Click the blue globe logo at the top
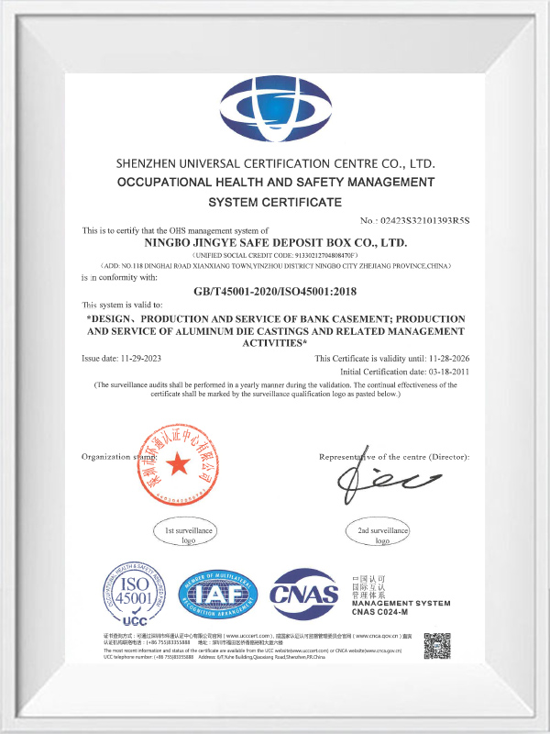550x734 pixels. [275, 109]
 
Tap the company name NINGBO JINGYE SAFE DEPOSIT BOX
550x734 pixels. [275, 242]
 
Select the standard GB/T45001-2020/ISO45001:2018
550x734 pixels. [275, 292]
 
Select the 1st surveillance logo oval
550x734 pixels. [188, 535]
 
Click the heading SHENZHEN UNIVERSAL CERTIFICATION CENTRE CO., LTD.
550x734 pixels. [275, 162]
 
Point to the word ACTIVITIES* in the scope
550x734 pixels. [275, 342]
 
